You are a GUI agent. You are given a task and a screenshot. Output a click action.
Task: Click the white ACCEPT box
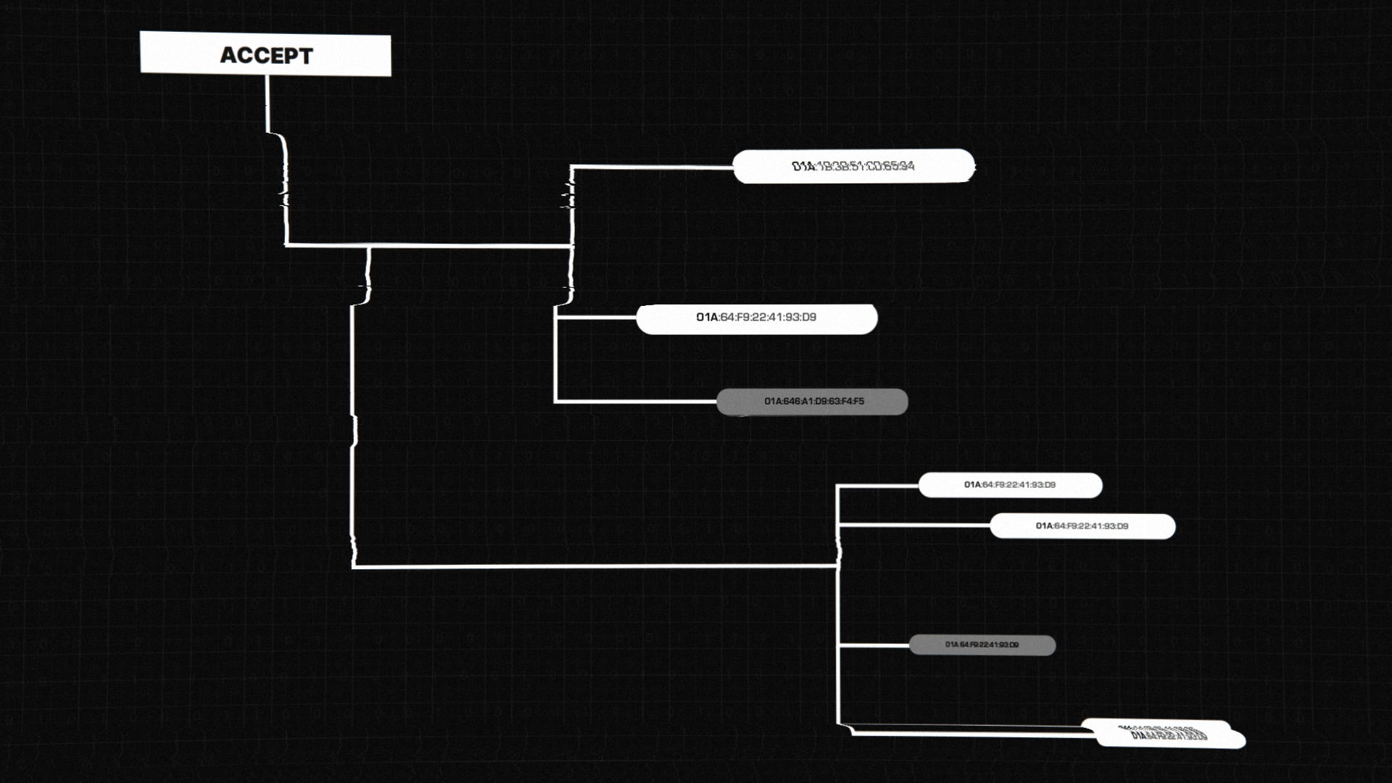(x=265, y=54)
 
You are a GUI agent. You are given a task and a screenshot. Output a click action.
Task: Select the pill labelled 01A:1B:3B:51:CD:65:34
(x=853, y=166)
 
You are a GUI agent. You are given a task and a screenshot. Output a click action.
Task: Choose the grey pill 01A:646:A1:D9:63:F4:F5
(x=812, y=402)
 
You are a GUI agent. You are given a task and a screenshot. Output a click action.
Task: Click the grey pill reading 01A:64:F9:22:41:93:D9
(x=982, y=645)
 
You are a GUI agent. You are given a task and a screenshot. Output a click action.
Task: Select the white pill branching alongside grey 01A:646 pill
(x=756, y=318)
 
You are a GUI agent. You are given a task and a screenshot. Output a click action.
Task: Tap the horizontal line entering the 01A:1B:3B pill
(x=652, y=167)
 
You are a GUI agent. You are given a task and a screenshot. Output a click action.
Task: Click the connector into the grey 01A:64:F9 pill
(x=874, y=645)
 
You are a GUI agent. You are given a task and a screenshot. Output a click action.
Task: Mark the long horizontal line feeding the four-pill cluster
(x=594, y=566)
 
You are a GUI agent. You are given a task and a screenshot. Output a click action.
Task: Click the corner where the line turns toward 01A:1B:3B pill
(x=572, y=167)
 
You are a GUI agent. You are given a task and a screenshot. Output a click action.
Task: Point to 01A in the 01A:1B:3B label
(x=803, y=166)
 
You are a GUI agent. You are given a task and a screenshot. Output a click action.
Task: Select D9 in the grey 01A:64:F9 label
(x=1013, y=645)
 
